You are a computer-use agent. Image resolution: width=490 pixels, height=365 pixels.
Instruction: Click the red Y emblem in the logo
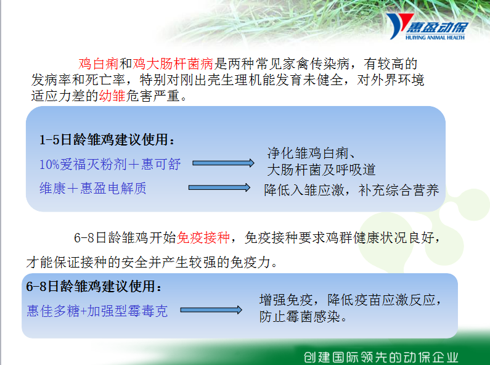coord(398,26)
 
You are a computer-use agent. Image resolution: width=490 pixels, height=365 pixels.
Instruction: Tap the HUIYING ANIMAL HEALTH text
coord(435,38)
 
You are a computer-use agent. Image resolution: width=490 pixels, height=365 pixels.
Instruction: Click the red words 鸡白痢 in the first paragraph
coord(99,64)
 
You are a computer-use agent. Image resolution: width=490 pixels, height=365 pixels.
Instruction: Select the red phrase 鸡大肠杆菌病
coord(173,64)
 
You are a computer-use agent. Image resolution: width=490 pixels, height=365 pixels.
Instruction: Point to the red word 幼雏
coord(112,96)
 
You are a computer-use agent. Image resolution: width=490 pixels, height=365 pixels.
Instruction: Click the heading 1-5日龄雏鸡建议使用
coord(107,139)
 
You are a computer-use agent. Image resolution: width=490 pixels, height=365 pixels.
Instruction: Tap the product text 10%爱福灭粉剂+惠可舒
coord(110,164)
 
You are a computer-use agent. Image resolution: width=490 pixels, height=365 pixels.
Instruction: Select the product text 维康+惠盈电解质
coord(93,188)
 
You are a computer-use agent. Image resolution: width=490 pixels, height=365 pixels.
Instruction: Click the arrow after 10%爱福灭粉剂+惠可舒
coord(223,163)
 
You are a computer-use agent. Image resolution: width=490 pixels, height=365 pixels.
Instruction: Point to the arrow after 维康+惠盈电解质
coord(219,187)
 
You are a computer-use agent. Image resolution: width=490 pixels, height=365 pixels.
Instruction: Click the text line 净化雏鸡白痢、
coord(311,153)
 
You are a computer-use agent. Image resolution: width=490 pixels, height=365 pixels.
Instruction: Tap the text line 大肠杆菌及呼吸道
coord(321,170)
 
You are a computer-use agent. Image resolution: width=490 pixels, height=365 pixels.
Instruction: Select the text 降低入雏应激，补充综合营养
coord(351,190)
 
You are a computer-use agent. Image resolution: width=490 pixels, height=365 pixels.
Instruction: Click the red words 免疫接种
coord(203,237)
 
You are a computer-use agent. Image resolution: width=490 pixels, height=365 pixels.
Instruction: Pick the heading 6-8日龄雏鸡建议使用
coord(94,286)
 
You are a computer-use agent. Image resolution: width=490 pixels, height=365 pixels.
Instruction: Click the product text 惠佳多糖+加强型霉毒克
coord(97,311)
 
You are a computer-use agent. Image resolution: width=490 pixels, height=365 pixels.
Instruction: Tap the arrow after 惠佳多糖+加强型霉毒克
coord(211,310)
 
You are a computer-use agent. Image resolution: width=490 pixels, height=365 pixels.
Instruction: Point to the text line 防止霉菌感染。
coord(303,316)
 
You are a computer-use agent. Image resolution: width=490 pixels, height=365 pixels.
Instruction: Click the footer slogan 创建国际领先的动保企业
coord(381,357)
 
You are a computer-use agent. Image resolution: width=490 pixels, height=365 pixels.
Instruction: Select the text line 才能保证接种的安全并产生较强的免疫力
coord(152,262)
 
